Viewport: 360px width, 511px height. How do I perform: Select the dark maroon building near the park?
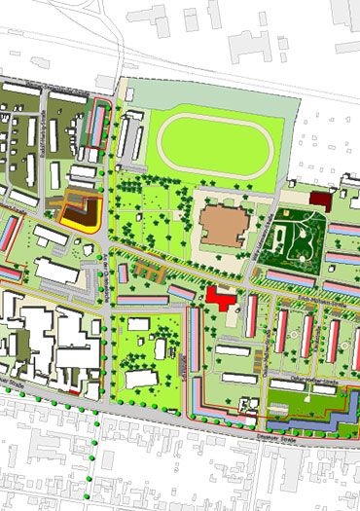coord(322,201)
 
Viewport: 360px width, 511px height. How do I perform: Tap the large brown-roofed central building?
coord(225,225)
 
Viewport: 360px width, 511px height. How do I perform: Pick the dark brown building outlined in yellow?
coord(84,213)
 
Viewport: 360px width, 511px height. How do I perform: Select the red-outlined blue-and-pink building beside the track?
coord(96,127)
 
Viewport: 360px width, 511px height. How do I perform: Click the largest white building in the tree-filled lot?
coord(142,379)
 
